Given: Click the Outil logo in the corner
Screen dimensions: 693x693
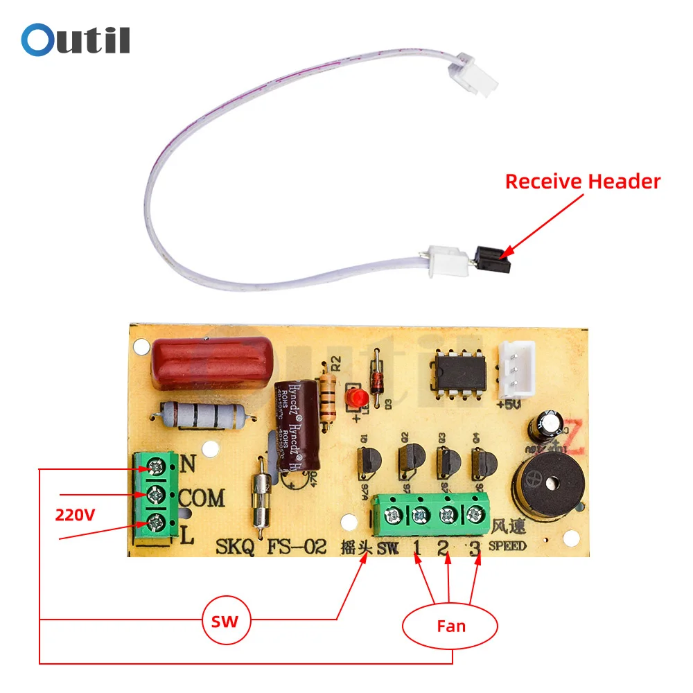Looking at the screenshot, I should point(75,40).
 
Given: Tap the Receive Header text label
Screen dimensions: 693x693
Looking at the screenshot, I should point(582,182).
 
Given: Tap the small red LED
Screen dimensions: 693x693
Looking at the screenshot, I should point(358,398).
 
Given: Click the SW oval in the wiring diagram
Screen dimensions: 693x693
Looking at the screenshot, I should point(225,622).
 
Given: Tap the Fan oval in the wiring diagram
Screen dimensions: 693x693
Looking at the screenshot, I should point(450,626).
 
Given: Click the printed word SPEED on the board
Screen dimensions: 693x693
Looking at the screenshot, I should point(507,546).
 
